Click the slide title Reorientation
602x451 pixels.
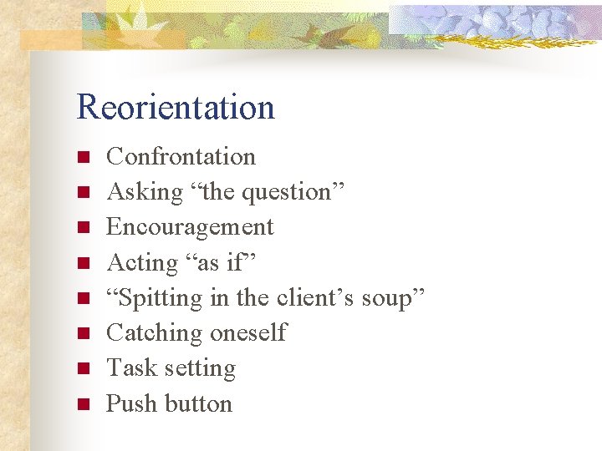point(176,108)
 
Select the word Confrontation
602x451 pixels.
point(181,156)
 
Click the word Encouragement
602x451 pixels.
point(190,227)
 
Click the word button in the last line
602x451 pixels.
point(198,403)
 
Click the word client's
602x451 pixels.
point(316,298)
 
